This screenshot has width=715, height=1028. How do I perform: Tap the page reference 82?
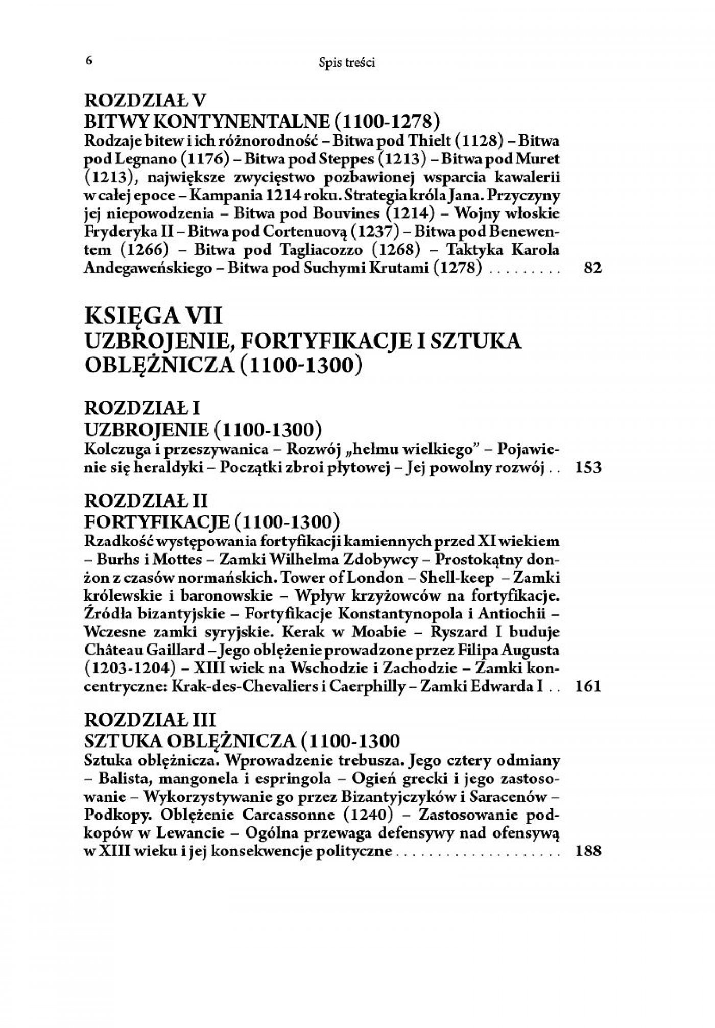tap(592, 268)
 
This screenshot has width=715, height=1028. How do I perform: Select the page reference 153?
tap(588, 467)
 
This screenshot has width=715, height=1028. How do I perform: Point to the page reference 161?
tap(588, 686)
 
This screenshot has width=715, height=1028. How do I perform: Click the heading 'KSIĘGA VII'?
tap(154, 317)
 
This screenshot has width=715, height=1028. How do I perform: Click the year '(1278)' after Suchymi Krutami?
tap(457, 268)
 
